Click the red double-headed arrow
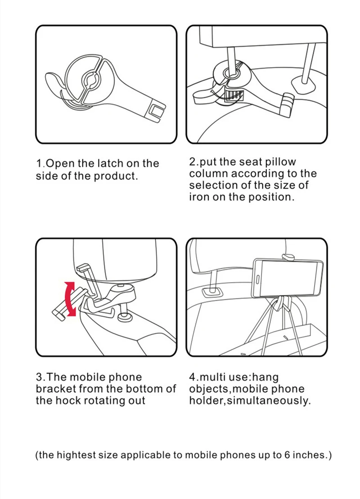(x=70, y=299)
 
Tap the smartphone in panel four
(x=288, y=278)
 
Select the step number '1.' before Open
(x=40, y=164)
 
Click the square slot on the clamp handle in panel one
(x=157, y=111)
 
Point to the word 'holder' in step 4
(x=207, y=400)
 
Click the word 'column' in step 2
(x=208, y=173)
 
